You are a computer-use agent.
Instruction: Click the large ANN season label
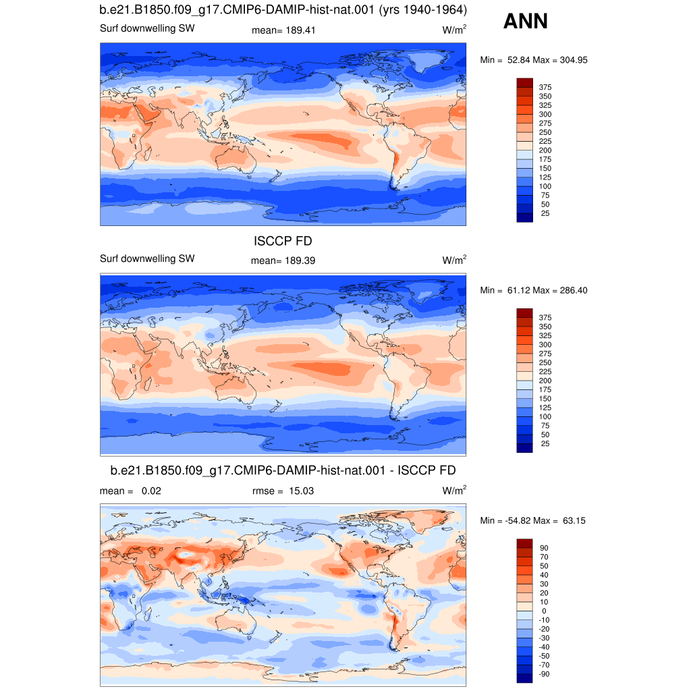(x=525, y=21)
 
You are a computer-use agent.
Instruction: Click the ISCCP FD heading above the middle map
(x=283, y=241)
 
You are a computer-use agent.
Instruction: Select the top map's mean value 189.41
(x=300, y=30)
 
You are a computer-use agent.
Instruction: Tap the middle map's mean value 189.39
(x=300, y=261)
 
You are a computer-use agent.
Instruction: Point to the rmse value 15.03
(x=302, y=491)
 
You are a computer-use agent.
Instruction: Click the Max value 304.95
(x=574, y=60)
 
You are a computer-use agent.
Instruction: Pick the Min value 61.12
(x=519, y=290)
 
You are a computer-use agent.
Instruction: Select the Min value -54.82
(x=518, y=520)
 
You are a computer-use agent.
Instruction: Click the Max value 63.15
(x=574, y=520)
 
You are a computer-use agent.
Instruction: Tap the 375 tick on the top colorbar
(x=545, y=87)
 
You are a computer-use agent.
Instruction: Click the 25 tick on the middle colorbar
(x=545, y=444)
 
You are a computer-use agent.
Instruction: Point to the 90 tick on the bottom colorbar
(x=545, y=548)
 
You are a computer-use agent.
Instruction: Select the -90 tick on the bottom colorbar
(x=545, y=674)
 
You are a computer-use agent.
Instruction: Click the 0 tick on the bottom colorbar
(x=545, y=611)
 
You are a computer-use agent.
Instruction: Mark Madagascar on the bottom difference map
(x=149, y=612)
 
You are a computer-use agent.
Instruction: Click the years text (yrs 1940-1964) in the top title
(x=422, y=9)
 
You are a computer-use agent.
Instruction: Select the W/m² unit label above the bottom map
(x=454, y=490)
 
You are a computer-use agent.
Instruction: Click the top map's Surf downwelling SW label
(x=147, y=28)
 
